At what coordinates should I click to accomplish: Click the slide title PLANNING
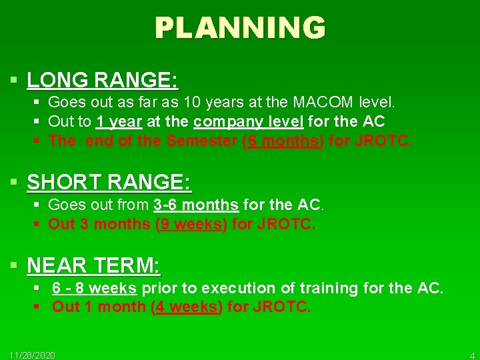pyautogui.click(x=240, y=28)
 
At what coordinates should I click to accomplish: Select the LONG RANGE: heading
pyautogui.click(x=102, y=81)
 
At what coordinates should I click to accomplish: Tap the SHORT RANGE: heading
pyautogui.click(x=109, y=182)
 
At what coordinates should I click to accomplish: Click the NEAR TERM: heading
pyautogui.click(x=93, y=266)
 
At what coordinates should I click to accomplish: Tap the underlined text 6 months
pyautogui.click(x=283, y=141)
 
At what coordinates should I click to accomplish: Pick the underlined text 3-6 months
pyautogui.click(x=195, y=205)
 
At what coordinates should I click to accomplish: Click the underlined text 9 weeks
pyautogui.click(x=191, y=224)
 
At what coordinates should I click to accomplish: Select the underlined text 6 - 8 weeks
pyautogui.click(x=94, y=288)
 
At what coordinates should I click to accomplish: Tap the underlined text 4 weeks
pyautogui.click(x=187, y=307)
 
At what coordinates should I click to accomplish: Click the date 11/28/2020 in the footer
pyautogui.click(x=33, y=355)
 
